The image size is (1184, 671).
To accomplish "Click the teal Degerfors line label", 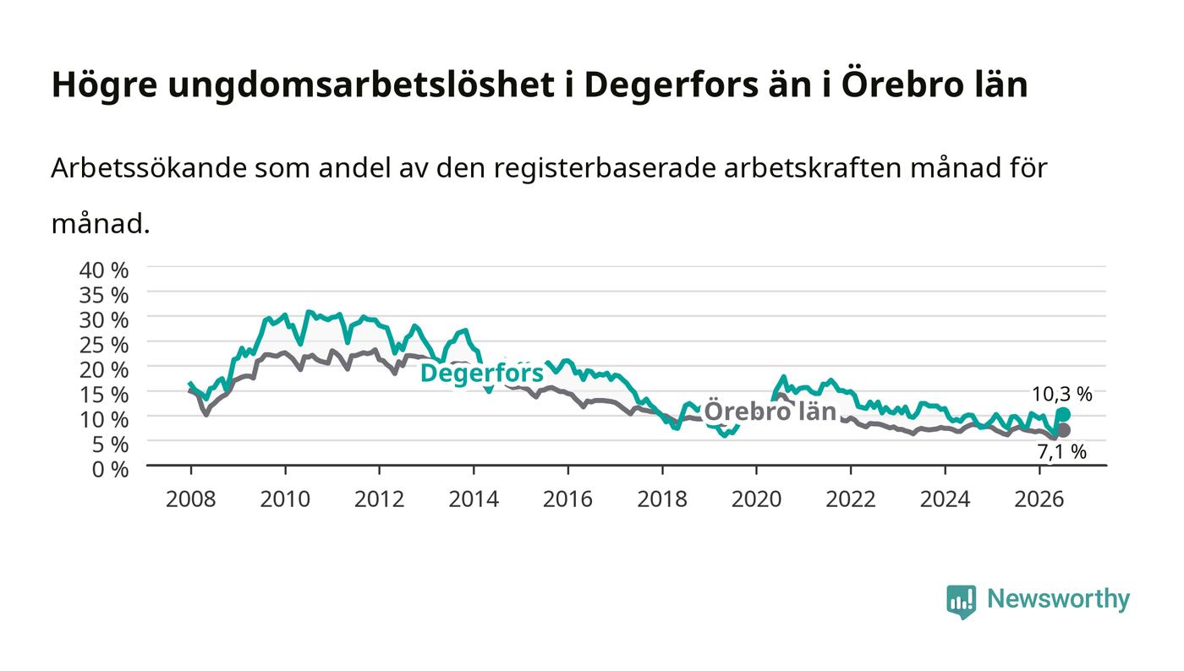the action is click(x=481, y=374).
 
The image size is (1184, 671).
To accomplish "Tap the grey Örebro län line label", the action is click(x=770, y=412).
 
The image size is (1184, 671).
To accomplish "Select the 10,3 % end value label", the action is click(x=1062, y=394).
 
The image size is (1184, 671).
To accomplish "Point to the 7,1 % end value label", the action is click(x=1062, y=452).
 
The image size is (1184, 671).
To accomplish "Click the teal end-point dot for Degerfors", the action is click(x=1064, y=414).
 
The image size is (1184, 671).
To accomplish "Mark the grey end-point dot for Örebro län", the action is click(x=1064, y=430).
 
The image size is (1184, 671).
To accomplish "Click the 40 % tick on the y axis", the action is click(x=104, y=270).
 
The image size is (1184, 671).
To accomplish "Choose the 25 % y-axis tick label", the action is click(x=104, y=346).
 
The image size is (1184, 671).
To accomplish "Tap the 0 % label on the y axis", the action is click(x=111, y=470).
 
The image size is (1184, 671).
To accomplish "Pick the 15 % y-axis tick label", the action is click(x=104, y=396).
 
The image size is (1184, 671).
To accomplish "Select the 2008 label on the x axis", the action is click(x=191, y=499).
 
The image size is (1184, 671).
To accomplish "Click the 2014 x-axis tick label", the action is click(x=474, y=499).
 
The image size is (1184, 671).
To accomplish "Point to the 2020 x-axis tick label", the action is click(x=756, y=499).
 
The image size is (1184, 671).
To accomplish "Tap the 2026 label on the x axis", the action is click(x=1039, y=499).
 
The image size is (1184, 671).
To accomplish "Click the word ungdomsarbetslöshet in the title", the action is click(x=361, y=85).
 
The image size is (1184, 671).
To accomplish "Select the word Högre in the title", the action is click(x=105, y=85).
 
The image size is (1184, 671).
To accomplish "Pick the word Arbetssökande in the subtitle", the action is click(x=149, y=168).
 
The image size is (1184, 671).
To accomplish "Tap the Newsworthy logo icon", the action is click(x=961, y=601).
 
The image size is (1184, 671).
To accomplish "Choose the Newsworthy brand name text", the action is click(x=1059, y=599).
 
